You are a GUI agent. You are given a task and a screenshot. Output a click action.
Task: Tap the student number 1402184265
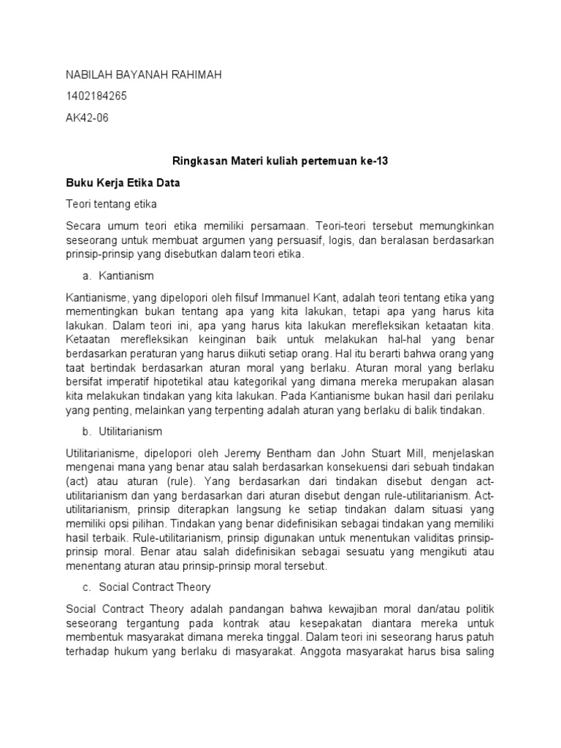coord(96,96)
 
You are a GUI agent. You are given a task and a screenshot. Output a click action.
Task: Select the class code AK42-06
coord(87,118)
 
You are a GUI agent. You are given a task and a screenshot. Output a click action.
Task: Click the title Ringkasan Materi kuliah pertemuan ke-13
coord(280,162)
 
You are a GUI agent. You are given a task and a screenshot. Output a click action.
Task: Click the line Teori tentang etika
coord(111,204)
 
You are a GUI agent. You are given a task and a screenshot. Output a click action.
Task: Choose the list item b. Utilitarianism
coord(123,432)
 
